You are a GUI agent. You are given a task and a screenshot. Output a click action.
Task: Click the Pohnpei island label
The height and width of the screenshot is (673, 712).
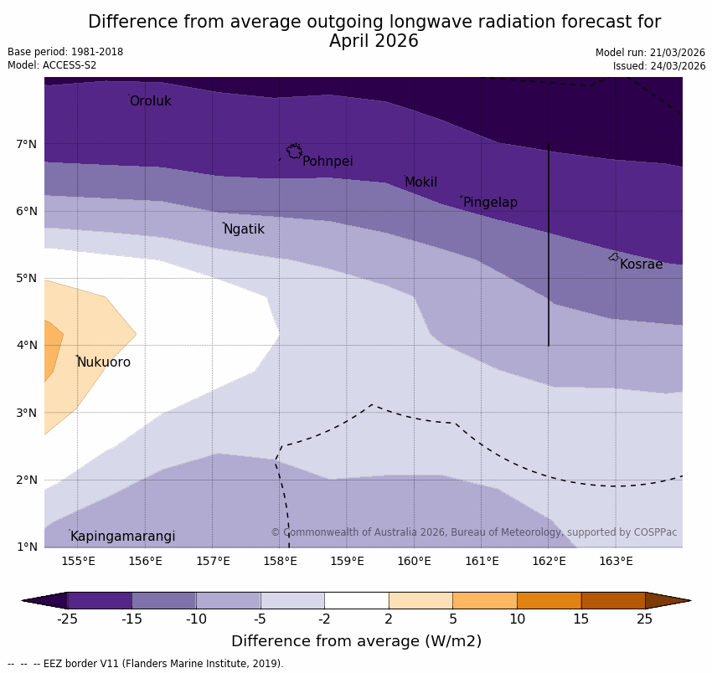coord(328,162)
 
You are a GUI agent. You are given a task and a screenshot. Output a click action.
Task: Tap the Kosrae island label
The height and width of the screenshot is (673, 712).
coord(641,265)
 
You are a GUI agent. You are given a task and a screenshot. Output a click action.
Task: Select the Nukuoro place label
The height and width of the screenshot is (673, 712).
coord(104,362)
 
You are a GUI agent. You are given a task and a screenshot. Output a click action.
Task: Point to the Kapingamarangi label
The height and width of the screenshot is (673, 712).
coord(122,537)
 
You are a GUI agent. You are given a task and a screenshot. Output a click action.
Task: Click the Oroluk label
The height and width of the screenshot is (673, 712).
coord(150,101)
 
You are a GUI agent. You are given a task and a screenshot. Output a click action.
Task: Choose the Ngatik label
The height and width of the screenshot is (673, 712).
coord(244,229)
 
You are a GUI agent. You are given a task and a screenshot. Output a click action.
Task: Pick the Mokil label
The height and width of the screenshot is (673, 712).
coord(420,182)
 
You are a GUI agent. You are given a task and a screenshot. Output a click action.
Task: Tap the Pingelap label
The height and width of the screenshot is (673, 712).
coord(490,203)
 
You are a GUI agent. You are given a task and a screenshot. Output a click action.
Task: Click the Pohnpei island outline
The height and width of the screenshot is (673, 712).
coord(294,152)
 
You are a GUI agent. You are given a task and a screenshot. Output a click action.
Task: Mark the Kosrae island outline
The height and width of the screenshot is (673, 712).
coord(614,257)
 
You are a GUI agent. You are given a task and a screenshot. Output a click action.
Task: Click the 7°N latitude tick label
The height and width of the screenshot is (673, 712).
coord(27,144)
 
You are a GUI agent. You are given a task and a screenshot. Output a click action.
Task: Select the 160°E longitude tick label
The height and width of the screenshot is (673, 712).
coord(414,561)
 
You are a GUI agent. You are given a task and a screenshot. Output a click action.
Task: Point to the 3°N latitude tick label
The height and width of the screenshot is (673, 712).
coord(27,413)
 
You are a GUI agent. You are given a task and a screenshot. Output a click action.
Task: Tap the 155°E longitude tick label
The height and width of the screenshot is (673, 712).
coord(78,561)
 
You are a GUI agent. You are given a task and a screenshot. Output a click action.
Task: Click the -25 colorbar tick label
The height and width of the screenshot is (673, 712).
coord(67,619)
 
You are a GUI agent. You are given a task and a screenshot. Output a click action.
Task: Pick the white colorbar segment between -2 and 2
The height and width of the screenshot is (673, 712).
coord(356,600)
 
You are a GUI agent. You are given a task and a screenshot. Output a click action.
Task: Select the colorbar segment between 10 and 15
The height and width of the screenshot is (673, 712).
coord(549,600)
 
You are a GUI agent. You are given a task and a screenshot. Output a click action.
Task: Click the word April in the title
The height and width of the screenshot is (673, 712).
coord(355,41)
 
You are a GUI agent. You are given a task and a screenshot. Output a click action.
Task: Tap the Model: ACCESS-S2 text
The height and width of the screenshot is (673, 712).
coord(52,65)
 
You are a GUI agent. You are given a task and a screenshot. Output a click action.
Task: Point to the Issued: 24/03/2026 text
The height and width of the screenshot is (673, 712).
coord(658,66)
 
